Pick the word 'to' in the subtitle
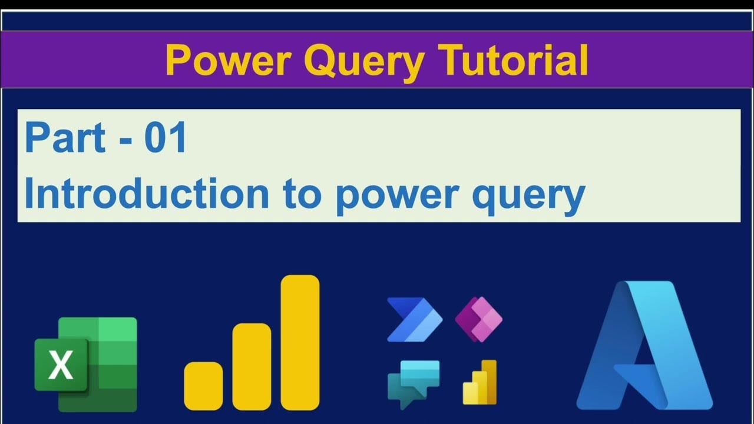[303, 194]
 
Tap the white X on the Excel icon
[61, 365]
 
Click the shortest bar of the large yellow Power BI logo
[203, 386]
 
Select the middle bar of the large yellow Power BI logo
[252, 366]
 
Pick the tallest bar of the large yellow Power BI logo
[300, 342]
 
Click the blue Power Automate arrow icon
[414, 319]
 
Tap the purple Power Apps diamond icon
[478, 319]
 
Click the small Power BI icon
[479, 382]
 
